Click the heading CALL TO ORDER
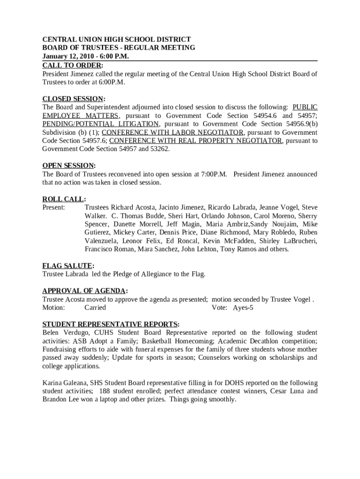click(x=72, y=65)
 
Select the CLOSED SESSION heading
click(x=73, y=99)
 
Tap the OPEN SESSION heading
click(x=68, y=166)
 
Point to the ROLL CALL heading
click(x=64, y=199)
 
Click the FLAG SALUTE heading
click(x=67, y=266)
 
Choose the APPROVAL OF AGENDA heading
click(x=84, y=290)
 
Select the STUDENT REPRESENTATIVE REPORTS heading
click(x=110, y=324)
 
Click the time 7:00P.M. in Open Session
click(x=214, y=174)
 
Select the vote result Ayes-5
click(x=243, y=307)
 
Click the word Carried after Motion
click(x=95, y=307)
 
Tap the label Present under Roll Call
click(x=54, y=207)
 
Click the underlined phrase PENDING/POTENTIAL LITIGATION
click(x=101, y=124)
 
